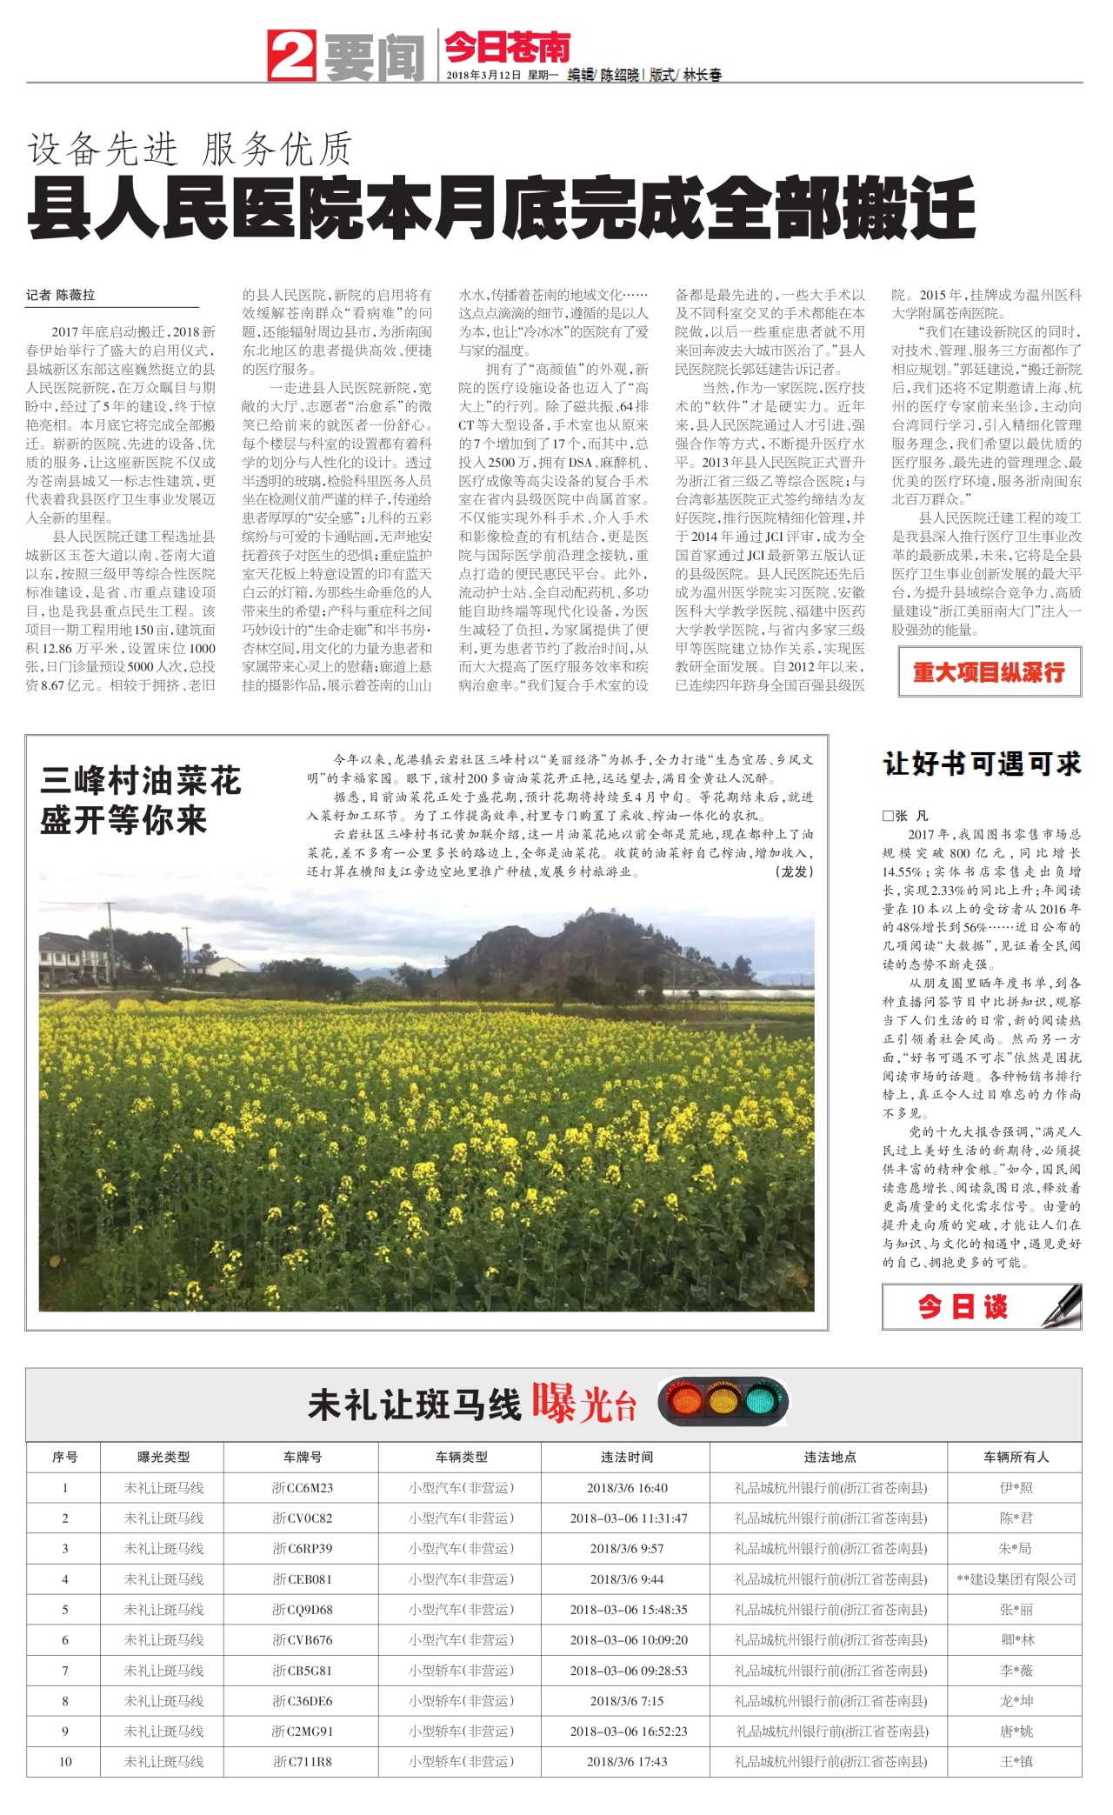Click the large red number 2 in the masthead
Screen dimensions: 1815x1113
(x=291, y=55)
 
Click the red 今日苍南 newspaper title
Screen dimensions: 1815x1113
(x=507, y=47)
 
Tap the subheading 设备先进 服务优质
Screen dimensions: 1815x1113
(x=190, y=150)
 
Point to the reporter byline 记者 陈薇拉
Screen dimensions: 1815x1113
(x=61, y=296)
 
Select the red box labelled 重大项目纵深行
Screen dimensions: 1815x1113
(x=990, y=672)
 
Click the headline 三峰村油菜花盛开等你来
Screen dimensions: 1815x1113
(x=141, y=800)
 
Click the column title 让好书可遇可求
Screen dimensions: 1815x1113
(x=982, y=764)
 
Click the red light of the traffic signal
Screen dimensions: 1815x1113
(x=684, y=1401)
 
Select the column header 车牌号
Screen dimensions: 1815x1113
(x=302, y=1458)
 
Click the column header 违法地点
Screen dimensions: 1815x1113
(x=830, y=1458)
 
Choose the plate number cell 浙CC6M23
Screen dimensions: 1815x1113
(x=302, y=1488)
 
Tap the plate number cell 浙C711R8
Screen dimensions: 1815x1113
(x=302, y=1762)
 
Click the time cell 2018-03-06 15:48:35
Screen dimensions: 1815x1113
(x=628, y=1610)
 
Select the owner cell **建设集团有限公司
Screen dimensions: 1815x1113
(x=1016, y=1579)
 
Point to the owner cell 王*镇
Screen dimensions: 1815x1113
(x=1016, y=1762)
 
